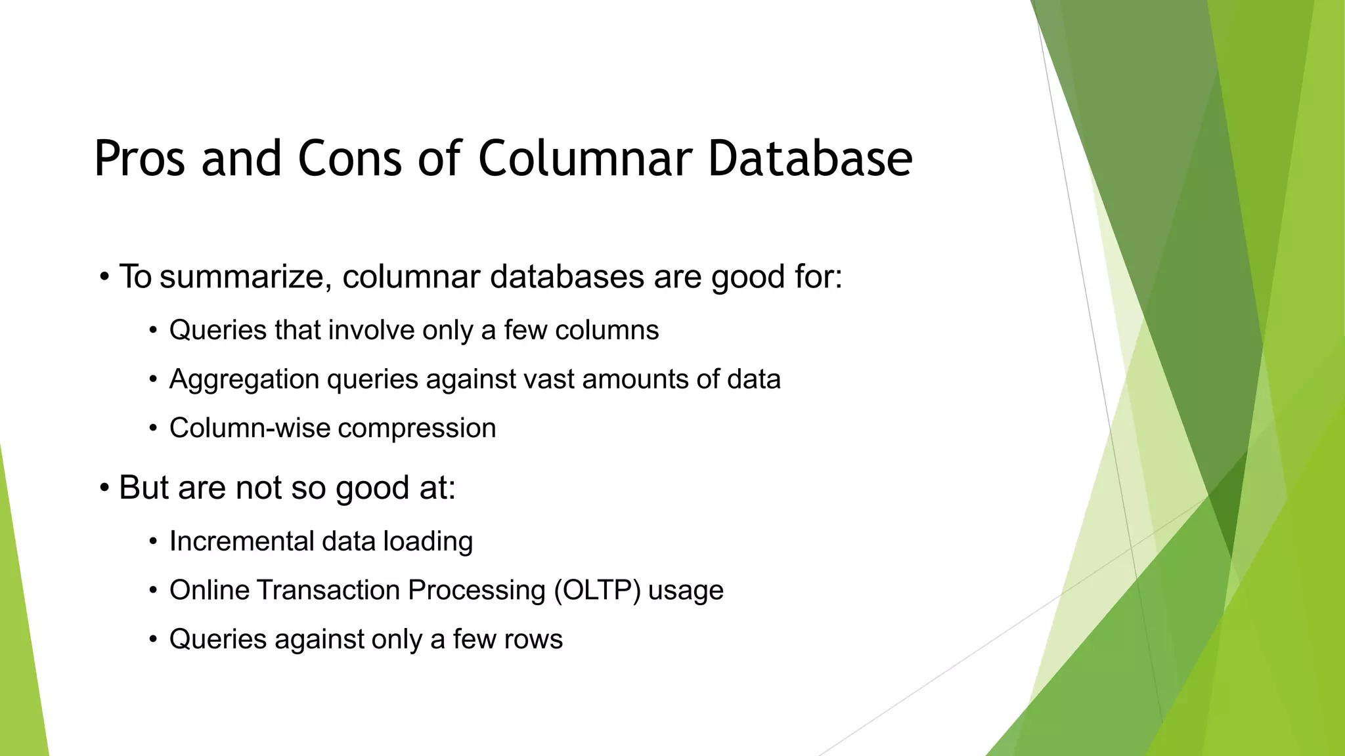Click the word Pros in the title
[139, 159]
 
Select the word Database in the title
[810, 159]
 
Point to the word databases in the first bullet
[567, 277]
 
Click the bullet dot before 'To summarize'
[104, 277]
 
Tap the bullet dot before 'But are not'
[104, 488]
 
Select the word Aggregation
[244, 380]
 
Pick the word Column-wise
[250, 429]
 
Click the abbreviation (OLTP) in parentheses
[597, 591]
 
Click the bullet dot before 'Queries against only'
[153, 640]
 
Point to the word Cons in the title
[349, 159]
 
